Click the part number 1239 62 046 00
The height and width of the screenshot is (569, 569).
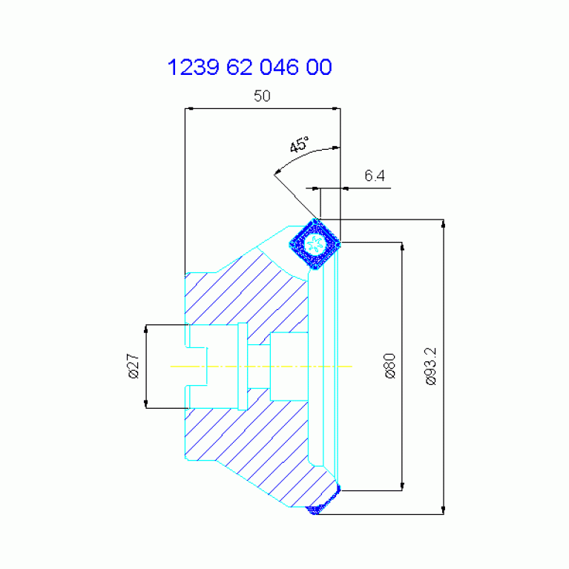pos(249,67)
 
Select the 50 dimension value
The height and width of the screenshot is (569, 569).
pos(262,96)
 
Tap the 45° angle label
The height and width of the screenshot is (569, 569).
pos(300,144)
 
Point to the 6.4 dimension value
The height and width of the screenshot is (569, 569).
pos(375,176)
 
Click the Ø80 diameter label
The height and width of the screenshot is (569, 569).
pos(390,366)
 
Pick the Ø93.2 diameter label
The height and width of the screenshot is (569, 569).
pos(431,366)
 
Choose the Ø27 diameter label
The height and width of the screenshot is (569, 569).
pos(134,366)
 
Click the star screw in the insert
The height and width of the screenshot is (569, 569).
pos(315,243)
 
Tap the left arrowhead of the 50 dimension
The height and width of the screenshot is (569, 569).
pos(188,108)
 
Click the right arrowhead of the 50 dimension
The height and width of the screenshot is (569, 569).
pos(336,108)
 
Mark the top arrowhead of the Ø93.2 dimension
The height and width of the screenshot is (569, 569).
pos(443,223)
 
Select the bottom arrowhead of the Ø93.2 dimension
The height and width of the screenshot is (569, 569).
pos(443,510)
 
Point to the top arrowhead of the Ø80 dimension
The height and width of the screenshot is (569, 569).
pos(402,247)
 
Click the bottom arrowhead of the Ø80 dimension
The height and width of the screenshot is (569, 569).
pos(402,486)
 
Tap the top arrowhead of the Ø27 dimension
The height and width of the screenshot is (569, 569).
pos(146,329)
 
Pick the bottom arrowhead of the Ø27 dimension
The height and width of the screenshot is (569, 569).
pos(146,404)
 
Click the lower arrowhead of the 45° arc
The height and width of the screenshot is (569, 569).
pos(277,171)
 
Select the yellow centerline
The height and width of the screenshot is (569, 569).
pos(261,366)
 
